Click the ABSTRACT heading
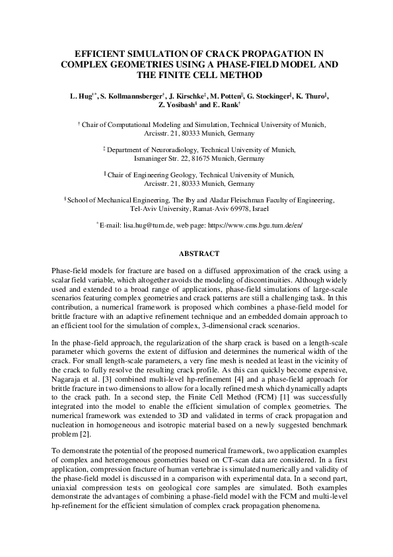(196, 253)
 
